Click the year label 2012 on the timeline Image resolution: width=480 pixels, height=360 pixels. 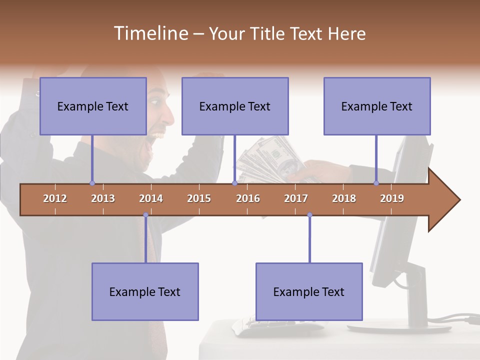tap(55, 198)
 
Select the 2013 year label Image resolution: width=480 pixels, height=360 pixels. tap(103, 198)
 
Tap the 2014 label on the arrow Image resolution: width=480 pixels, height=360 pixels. tap(151, 198)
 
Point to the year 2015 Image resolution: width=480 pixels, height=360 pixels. tap(199, 198)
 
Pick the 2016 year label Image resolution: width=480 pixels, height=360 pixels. tap(248, 198)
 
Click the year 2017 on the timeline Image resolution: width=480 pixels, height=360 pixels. tap(296, 198)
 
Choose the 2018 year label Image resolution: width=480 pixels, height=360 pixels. tap(344, 198)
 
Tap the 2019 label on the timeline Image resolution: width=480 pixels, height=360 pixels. tap(392, 198)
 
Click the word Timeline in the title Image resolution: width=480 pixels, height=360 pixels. tap(150, 33)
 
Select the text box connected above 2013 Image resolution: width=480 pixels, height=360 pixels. tap(93, 106)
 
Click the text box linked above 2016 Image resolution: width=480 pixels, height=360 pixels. tap(235, 106)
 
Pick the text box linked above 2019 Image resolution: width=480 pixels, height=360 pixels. tap(377, 106)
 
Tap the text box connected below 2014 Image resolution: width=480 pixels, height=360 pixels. tap(145, 291)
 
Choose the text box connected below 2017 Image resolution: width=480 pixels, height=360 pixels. tap(309, 291)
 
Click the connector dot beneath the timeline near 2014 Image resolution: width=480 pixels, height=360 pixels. tap(145, 215)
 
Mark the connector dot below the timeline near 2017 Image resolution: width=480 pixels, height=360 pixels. tap(309, 215)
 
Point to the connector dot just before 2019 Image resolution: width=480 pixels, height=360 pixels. tap(376, 183)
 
